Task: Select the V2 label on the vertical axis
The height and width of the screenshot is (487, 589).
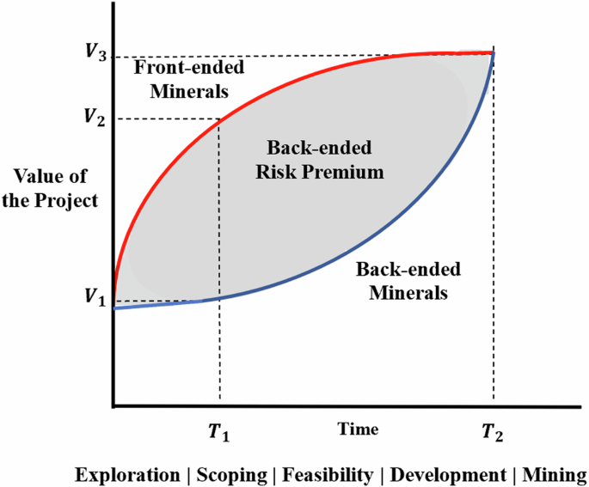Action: [96, 118]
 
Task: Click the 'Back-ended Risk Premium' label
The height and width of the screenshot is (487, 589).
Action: [320, 159]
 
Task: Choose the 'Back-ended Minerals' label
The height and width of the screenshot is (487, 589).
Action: [409, 280]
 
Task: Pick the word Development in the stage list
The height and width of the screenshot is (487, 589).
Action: [445, 475]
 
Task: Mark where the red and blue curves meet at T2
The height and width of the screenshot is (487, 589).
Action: [494, 53]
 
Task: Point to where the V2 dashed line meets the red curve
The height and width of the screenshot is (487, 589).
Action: [220, 119]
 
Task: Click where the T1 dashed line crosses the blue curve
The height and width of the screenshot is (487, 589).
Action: [220, 296]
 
